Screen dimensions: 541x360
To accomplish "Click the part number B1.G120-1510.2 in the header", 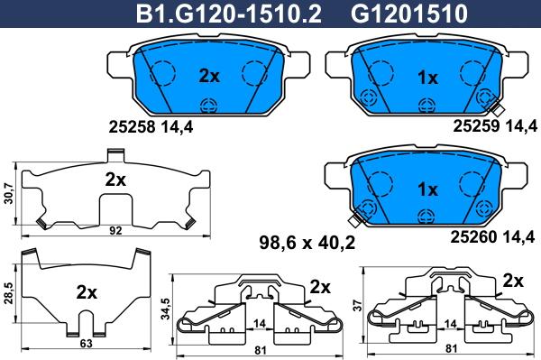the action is coord(229,14).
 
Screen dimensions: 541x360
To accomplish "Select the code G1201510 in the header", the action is coord(409,14).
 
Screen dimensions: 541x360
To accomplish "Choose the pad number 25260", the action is coord(473,236).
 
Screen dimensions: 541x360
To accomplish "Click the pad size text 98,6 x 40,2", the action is coord(307,244).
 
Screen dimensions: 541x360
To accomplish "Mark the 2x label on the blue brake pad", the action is coord(209,76).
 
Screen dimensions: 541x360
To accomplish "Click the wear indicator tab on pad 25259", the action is coord(498,109).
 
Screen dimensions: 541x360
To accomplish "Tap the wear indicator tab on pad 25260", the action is coord(354,220).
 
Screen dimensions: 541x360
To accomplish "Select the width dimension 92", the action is coord(115,230).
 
